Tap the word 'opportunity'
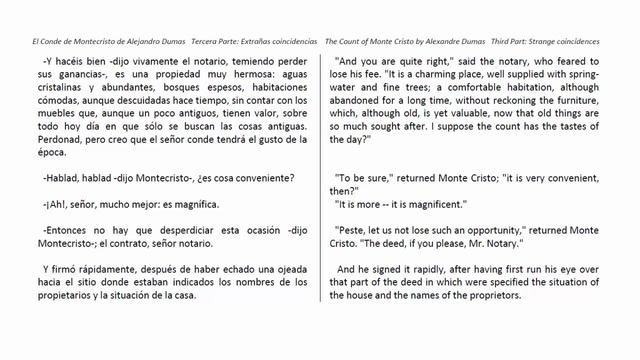pos(499,230)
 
